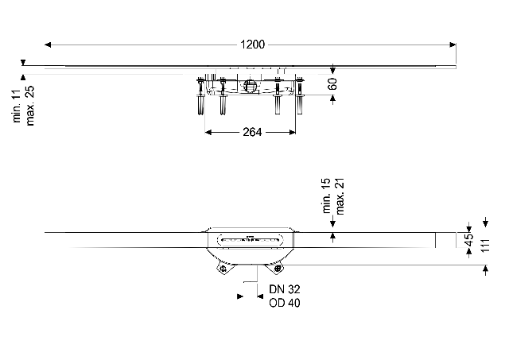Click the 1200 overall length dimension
(x=253, y=45)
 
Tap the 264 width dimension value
(x=252, y=132)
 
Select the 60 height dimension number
(x=332, y=83)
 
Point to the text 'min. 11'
(x=17, y=106)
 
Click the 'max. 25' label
(x=30, y=106)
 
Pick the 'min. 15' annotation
(x=327, y=195)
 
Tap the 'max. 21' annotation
(x=340, y=195)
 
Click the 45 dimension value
(x=469, y=240)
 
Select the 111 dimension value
(x=484, y=246)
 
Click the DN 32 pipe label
(x=285, y=289)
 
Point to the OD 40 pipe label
(x=285, y=303)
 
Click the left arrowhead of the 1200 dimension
(x=48, y=45)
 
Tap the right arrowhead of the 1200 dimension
(x=453, y=45)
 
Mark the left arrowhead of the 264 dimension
(x=208, y=132)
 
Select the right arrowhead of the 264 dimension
(x=292, y=132)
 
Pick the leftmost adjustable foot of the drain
(x=200, y=96)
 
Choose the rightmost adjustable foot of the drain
(x=299, y=95)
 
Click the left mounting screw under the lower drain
(x=223, y=269)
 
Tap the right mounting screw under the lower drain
(x=278, y=269)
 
